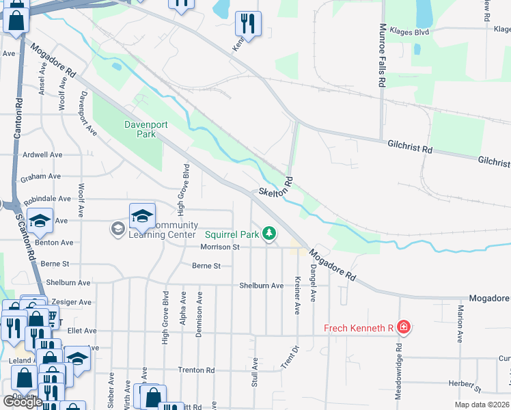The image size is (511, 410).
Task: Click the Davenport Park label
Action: pyautogui.click(x=140, y=129)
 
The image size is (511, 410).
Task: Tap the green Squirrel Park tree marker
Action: pyautogui.click(x=270, y=234)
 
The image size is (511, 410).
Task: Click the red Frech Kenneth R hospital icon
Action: pyautogui.click(x=404, y=328)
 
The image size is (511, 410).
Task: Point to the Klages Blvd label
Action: pyautogui.click(x=408, y=31)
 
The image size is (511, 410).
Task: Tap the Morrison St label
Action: pyautogui.click(x=220, y=247)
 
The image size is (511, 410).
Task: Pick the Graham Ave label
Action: pyautogui.click(x=41, y=177)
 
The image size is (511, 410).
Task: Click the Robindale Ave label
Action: pyautogui.click(x=47, y=199)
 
